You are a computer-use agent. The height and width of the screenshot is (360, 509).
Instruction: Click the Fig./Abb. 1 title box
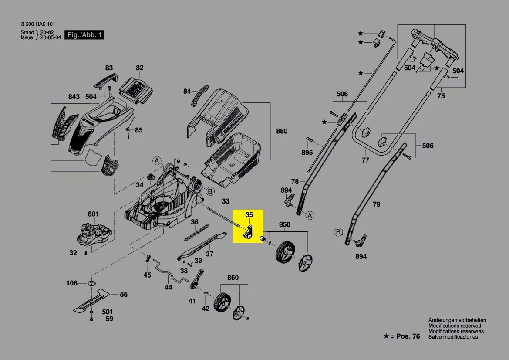click(x=84, y=34)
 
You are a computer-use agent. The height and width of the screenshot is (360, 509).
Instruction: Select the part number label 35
click(x=249, y=214)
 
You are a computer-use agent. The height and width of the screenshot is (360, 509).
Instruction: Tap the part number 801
click(x=93, y=214)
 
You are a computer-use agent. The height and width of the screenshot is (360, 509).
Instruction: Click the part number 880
click(x=282, y=130)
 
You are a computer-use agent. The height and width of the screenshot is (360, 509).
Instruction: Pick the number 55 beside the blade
click(x=124, y=295)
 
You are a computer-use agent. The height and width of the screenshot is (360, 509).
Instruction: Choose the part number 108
click(x=72, y=283)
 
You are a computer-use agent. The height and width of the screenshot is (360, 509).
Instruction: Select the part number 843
click(x=74, y=97)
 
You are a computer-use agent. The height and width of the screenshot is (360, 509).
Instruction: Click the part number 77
click(x=365, y=160)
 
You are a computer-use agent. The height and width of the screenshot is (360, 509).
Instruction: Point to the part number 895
click(x=307, y=153)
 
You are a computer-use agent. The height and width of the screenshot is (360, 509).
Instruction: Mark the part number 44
click(x=168, y=287)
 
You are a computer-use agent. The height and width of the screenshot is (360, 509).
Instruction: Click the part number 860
click(x=233, y=278)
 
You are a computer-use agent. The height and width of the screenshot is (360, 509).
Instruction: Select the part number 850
click(x=284, y=225)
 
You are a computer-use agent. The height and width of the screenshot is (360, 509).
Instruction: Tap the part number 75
click(x=441, y=96)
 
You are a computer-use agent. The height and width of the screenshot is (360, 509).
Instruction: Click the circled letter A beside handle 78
click(x=310, y=215)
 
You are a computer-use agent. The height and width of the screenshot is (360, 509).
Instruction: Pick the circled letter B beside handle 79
click(x=338, y=232)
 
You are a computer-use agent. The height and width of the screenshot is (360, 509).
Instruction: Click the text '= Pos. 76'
click(x=405, y=336)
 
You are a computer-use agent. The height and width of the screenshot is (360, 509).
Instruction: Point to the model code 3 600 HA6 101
click(x=38, y=24)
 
